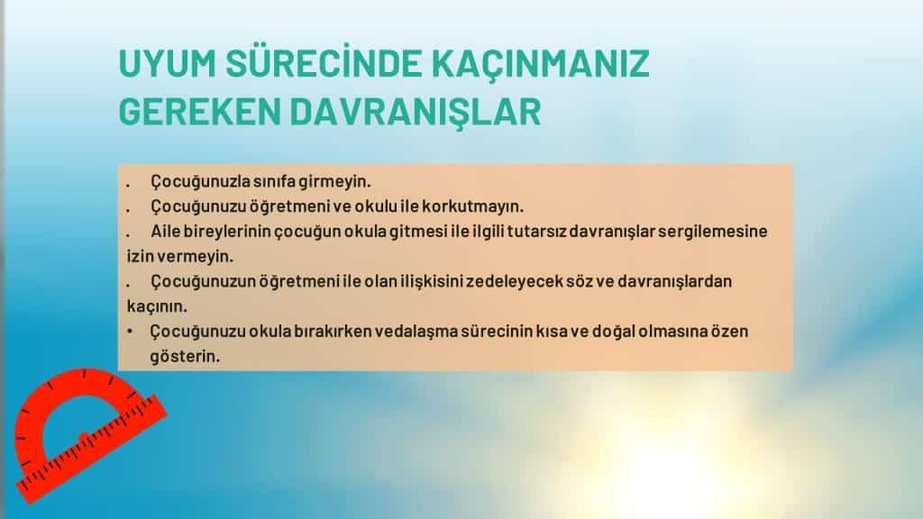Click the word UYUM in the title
(167, 64)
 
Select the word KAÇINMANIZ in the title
(541, 65)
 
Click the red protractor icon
(88, 434)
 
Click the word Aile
(166, 232)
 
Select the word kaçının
(157, 306)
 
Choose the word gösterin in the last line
(184, 357)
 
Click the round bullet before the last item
(130, 332)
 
